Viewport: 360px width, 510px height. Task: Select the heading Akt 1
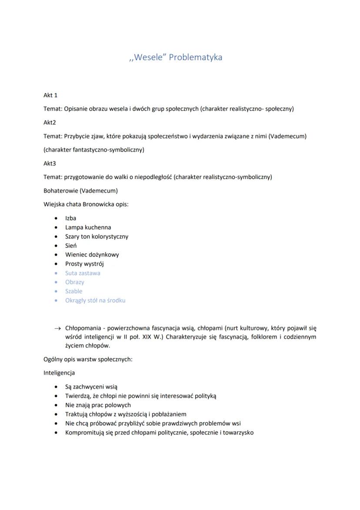pyautogui.click(x=50, y=95)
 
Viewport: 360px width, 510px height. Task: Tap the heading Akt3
pyautogui.click(x=50, y=163)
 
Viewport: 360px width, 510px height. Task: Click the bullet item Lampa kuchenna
pyautogui.click(x=88, y=227)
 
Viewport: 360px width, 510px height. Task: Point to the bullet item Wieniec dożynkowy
pyautogui.click(x=92, y=255)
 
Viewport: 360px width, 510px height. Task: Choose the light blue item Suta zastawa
pyautogui.click(x=83, y=273)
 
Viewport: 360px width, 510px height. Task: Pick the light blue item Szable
pyautogui.click(x=73, y=291)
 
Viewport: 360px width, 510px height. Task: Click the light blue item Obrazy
pyautogui.click(x=75, y=282)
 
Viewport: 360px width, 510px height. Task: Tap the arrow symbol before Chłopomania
pyautogui.click(x=57, y=328)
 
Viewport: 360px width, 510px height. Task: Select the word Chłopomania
pyautogui.click(x=83, y=328)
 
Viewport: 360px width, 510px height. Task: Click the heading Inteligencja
pyautogui.click(x=59, y=373)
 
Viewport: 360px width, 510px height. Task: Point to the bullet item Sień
pyautogui.click(x=71, y=246)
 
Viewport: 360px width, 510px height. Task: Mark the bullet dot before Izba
pyautogui.click(x=56, y=218)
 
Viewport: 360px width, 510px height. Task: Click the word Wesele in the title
pyautogui.click(x=148, y=57)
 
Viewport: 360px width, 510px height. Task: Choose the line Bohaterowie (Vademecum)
pyautogui.click(x=80, y=191)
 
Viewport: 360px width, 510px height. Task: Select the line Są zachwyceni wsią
pyautogui.click(x=91, y=387)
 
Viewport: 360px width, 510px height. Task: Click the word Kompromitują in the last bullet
pyautogui.click(x=84, y=432)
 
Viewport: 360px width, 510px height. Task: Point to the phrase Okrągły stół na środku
pyautogui.click(x=95, y=301)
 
